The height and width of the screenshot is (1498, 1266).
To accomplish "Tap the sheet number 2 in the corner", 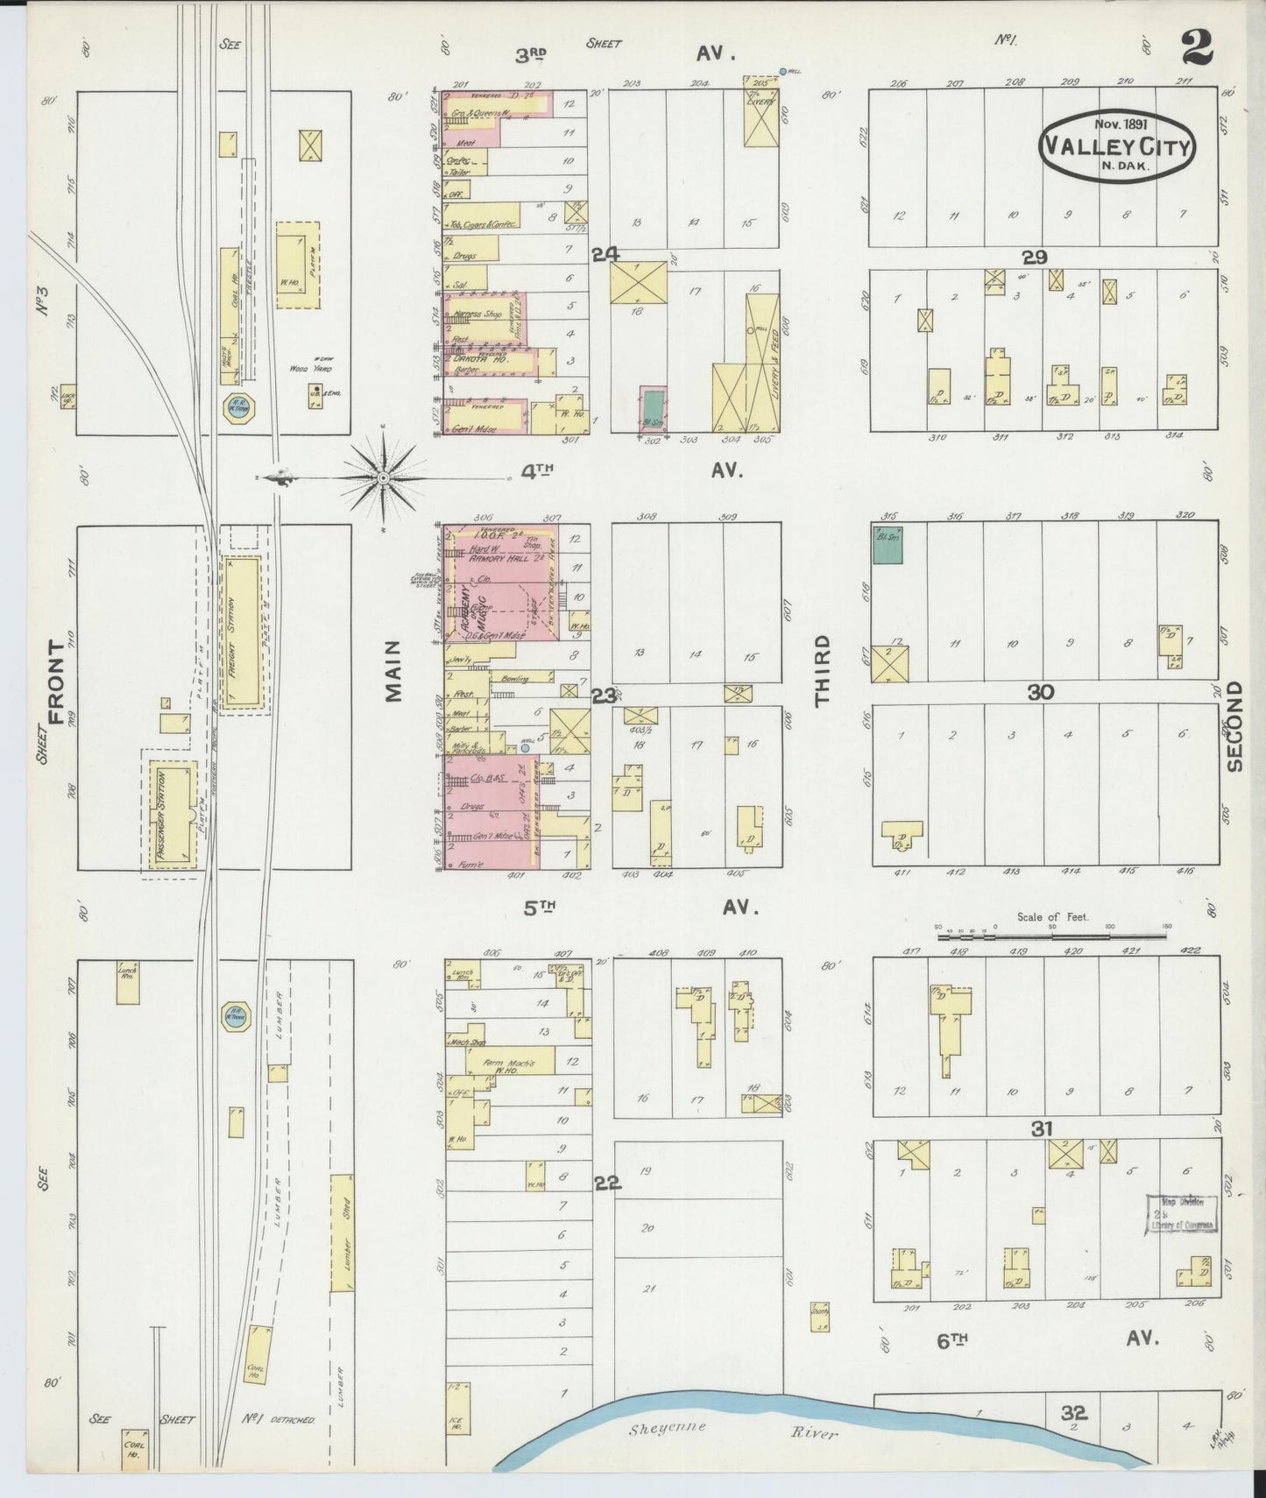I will tap(1196, 48).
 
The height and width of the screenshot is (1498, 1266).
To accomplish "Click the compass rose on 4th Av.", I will tap(383, 477).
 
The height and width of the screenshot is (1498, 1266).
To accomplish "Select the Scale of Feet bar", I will tap(1051, 936).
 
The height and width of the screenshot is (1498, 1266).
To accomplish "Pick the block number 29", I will tap(1036, 257).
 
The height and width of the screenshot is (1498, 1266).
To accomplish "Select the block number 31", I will tap(1041, 1129).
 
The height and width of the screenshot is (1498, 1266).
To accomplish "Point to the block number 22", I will tap(607, 1183).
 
